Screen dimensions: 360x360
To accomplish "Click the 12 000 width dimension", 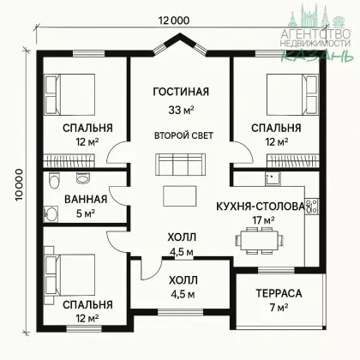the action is coord(174,21).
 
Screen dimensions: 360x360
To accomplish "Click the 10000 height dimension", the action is coord(19,185).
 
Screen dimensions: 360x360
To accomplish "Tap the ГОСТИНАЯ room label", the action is coord(181,92).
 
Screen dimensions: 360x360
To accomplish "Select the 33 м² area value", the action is coord(181,110).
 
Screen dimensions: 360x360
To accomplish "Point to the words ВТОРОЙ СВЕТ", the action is coord(183,135).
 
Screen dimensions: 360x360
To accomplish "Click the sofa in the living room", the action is coord(181,165).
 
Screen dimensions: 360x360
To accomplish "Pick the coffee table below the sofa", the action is coord(180,196).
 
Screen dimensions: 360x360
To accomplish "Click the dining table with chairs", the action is coord(260,240).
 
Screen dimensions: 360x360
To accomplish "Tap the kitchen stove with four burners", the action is coord(311,206).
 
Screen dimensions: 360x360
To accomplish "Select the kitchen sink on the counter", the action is coord(273,179).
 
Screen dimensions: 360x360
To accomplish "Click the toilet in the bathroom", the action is coord(54,181).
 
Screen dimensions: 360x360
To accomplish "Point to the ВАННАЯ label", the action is coord(86,200).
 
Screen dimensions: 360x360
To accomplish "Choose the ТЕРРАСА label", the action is coord(279,293).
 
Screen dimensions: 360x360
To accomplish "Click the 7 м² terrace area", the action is coord(279,308).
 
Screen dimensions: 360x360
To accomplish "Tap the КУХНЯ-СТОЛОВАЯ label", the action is coord(261,207).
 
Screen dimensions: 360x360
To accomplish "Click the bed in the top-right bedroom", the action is coord(292,94).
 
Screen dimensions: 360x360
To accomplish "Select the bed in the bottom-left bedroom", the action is coord(69,275).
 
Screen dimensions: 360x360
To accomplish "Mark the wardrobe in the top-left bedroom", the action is coord(69,161).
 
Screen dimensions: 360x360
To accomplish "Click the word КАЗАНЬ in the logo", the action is coord(317,56).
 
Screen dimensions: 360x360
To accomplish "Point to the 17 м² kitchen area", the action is coord(263,220).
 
